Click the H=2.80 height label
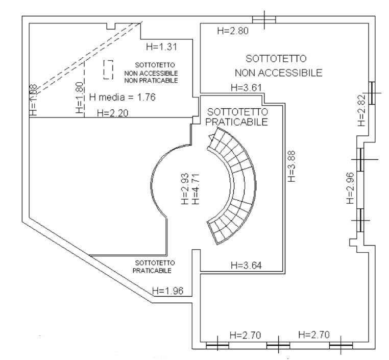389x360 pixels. [233, 31]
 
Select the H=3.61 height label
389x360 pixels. [246, 87]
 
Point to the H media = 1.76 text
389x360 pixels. [122, 97]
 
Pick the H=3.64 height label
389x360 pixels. [247, 265]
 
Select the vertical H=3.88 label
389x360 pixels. [291, 166]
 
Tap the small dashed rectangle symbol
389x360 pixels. [107, 69]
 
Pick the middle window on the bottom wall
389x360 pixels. [277, 345]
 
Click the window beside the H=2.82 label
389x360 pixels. [373, 92]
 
